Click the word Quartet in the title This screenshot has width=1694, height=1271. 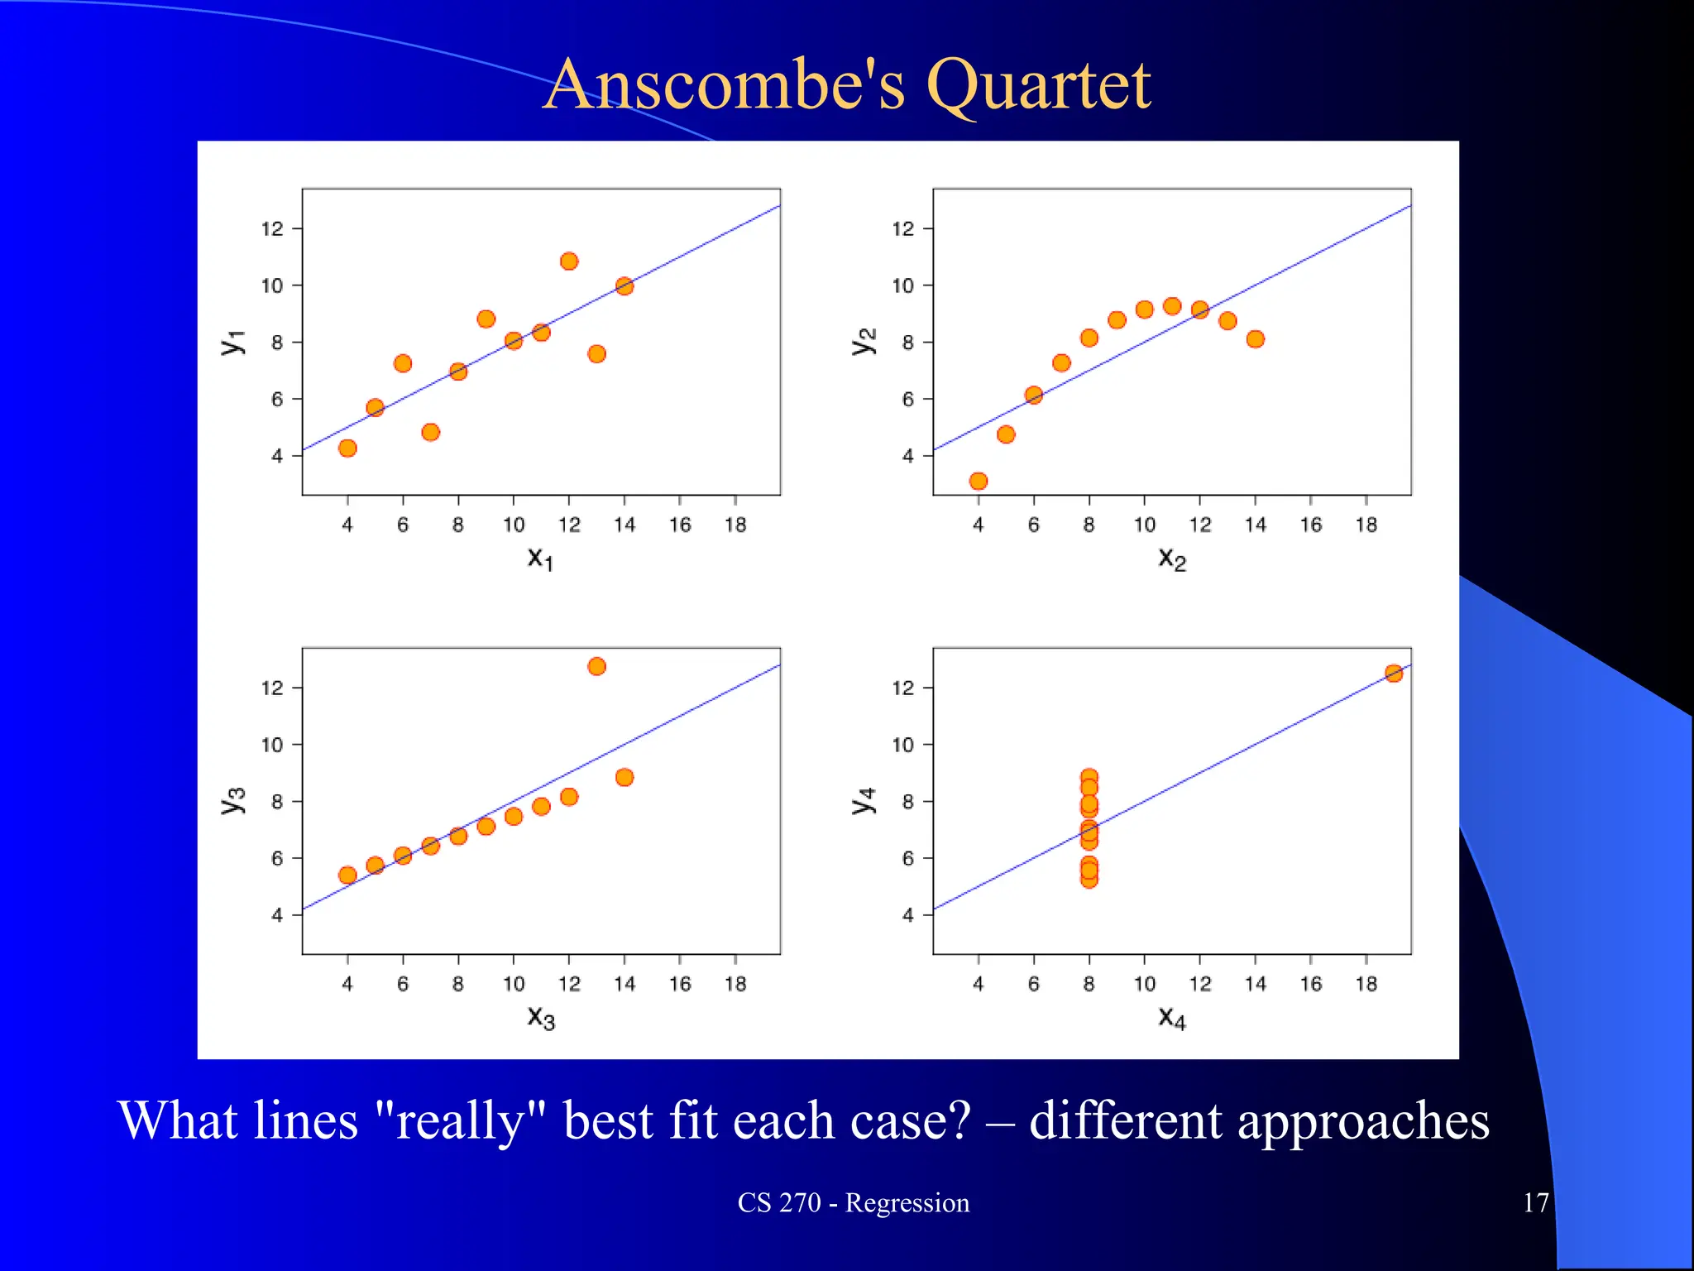click(x=1038, y=84)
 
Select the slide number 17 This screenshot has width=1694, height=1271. click(x=1535, y=1202)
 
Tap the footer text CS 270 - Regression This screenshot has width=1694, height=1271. click(x=853, y=1202)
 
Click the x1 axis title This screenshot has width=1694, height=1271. click(x=540, y=559)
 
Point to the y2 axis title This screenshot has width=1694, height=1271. click(x=863, y=341)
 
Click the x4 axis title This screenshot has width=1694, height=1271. click(x=1171, y=1017)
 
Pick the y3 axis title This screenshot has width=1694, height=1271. click(x=233, y=800)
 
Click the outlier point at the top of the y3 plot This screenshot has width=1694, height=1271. click(x=596, y=666)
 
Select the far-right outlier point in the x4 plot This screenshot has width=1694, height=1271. click(x=1394, y=674)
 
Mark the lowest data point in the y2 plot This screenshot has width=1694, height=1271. click(x=979, y=481)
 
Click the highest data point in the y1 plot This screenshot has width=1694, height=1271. click(x=569, y=261)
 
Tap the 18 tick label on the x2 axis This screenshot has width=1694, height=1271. click(x=1366, y=525)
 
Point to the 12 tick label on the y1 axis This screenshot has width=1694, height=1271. click(x=272, y=228)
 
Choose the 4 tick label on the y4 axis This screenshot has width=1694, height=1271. click(x=907, y=915)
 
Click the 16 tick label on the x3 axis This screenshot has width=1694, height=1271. click(x=680, y=984)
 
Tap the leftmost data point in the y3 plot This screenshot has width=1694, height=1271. click(x=347, y=875)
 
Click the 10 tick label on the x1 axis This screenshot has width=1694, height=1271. click(x=514, y=525)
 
